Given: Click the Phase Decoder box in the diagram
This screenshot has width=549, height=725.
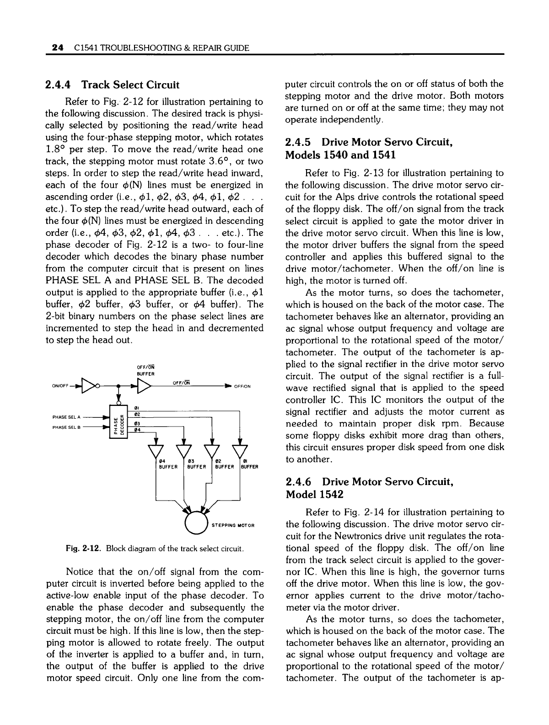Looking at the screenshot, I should tap(118, 421).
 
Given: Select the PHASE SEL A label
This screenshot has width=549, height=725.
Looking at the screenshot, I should tap(67, 416).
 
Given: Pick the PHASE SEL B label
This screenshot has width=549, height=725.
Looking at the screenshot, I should tap(67, 427).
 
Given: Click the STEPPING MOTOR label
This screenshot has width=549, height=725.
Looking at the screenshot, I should tap(232, 525).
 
